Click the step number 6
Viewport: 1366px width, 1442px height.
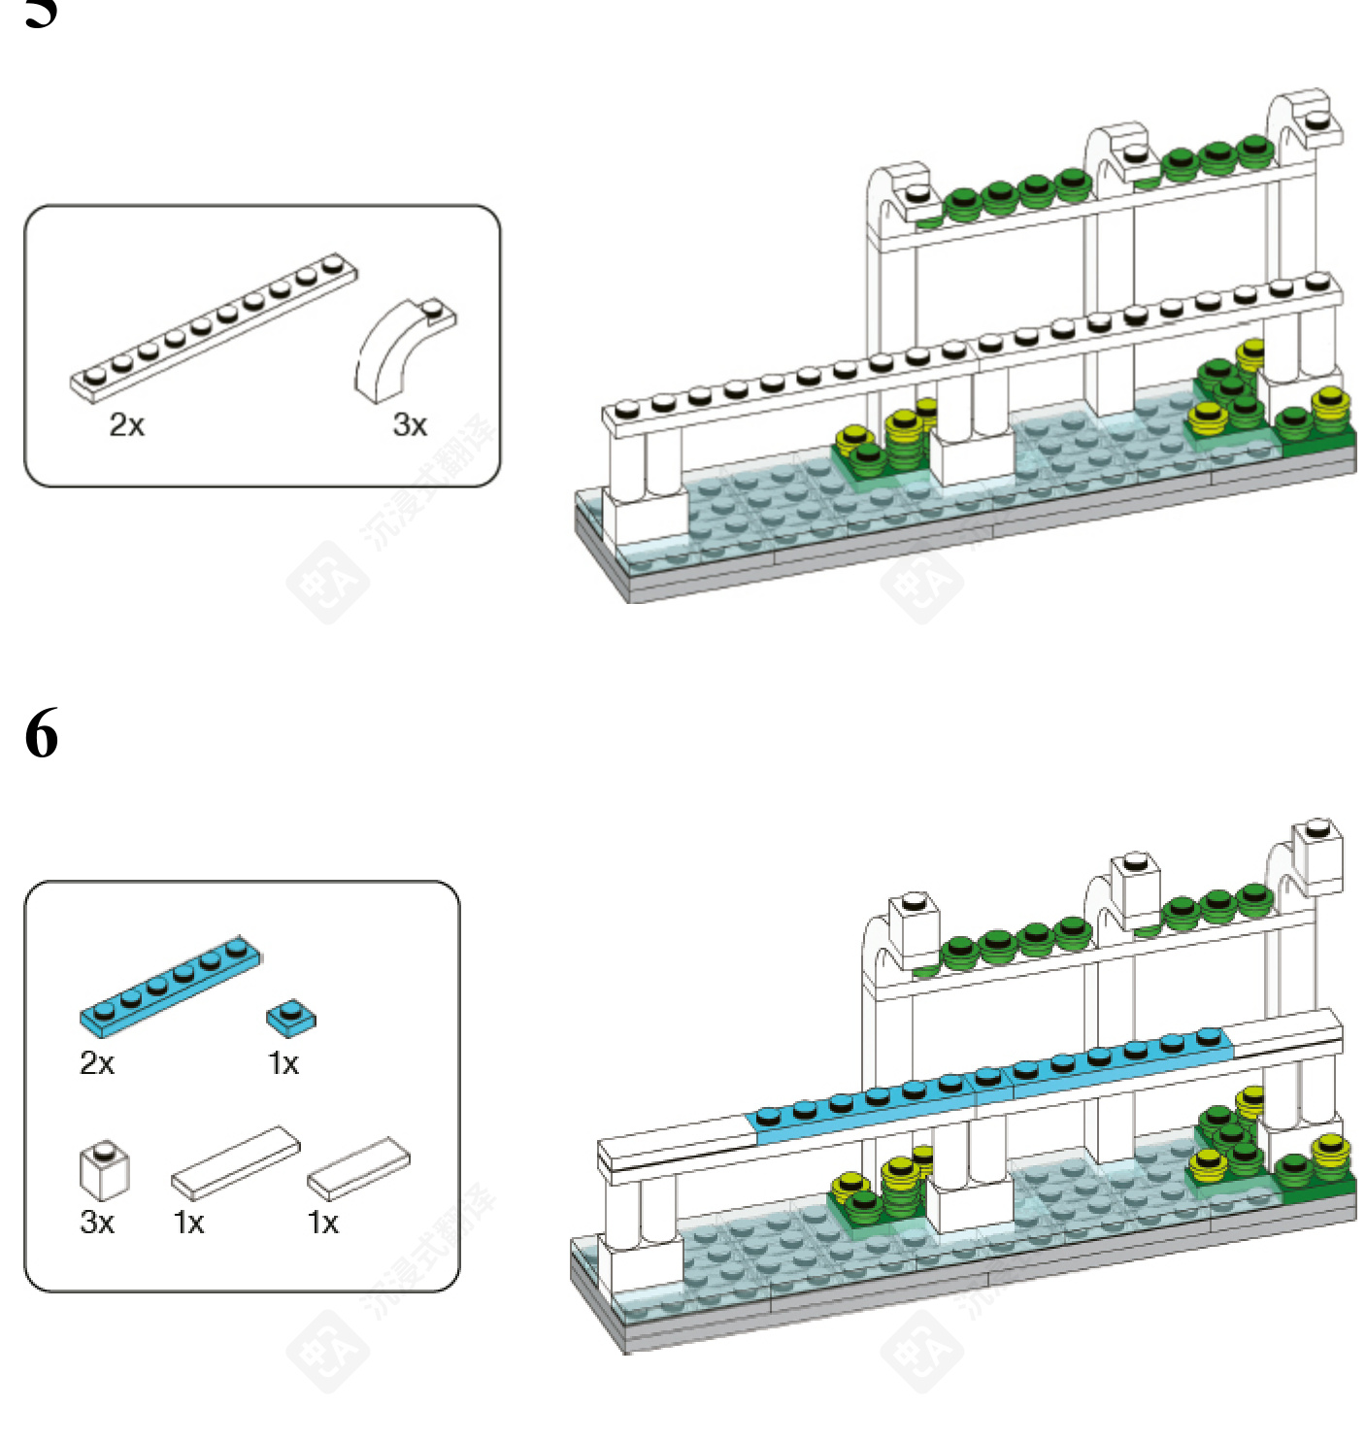(42, 733)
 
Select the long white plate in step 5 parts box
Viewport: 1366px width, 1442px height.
(214, 326)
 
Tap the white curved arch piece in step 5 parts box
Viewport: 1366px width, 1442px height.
(400, 350)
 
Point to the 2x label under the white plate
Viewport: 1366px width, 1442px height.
(126, 424)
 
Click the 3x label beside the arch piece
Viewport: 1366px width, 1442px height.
(410, 424)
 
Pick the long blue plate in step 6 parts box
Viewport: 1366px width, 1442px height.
(171, 984)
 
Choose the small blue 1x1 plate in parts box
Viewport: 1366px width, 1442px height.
(290, 1017)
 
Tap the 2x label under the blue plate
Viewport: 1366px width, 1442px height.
(97, 1063)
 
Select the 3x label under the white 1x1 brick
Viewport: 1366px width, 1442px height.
(97, 1222)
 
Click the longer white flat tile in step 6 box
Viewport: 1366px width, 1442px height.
(236, 1161)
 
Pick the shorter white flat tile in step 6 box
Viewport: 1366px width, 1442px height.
(358, 1167)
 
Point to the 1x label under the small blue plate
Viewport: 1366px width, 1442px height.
(283, 1063)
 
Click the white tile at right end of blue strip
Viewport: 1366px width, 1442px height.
(1283, 1032)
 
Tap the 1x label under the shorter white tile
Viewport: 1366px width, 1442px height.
(323, 1222)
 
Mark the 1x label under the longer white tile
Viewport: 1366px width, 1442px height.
(188, 1222)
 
